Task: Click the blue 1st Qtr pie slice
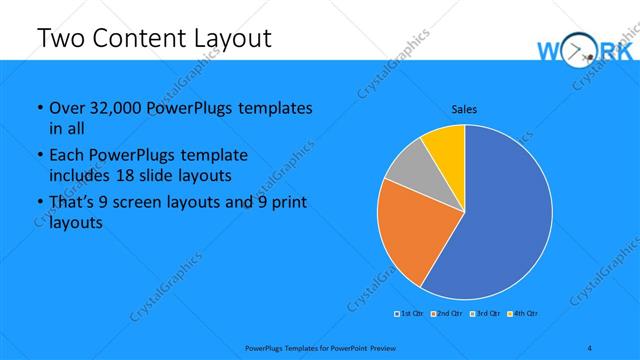500,220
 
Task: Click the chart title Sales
465,108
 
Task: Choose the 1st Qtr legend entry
410,314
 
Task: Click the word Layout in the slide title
226,38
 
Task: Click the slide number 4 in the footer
589,347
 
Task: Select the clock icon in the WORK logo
581,52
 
